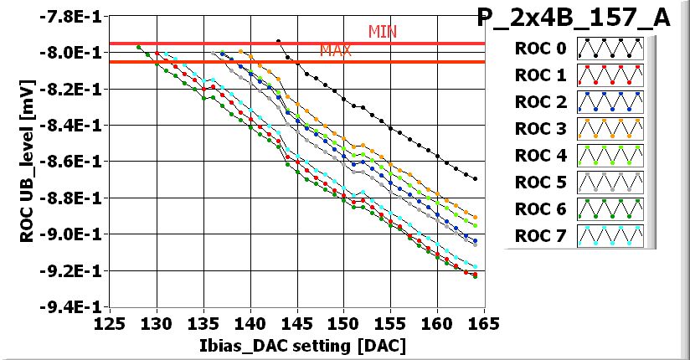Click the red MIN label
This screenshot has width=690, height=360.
coord(383,32)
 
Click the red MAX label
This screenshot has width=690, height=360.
coord(335,51)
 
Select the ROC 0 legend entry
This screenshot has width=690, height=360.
coord(541,48)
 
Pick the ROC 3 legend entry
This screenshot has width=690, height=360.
coord(541,128)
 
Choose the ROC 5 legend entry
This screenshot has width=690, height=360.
coord(541,182)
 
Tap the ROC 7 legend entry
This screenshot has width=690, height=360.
coord(541,235)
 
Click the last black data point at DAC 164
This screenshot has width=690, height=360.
coord(475,178)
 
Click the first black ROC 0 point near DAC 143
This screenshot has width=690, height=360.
coord(278,40)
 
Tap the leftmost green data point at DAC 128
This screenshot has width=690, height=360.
coord(138,47)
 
